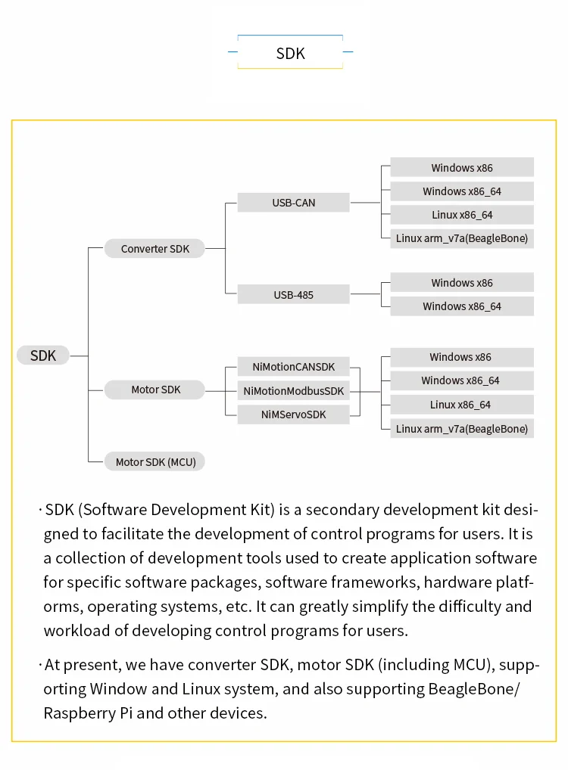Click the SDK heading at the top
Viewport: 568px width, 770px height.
[290, 53]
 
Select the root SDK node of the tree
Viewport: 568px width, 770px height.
[43, 356]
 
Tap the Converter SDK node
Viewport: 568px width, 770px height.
[154, 249]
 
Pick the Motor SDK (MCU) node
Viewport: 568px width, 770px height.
[155, 461]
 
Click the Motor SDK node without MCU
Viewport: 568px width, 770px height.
[155, 390]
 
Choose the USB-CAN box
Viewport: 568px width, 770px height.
[294, 203]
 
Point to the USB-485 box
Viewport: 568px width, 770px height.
[294, 294]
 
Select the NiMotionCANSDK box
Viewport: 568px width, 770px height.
[294, 368]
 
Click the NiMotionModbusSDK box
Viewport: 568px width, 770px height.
[294, 391]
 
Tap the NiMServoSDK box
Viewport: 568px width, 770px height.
[294, 414]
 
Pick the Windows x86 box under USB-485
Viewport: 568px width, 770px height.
[462, 283]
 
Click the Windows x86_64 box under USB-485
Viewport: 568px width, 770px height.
[462, 306]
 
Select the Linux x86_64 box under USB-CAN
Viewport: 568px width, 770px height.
[462, 215]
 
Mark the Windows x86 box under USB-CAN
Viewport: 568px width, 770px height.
[462, 168]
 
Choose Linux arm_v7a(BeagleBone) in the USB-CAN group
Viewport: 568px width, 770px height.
[462, 238]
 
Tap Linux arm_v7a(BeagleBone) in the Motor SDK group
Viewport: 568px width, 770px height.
[462, 429]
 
